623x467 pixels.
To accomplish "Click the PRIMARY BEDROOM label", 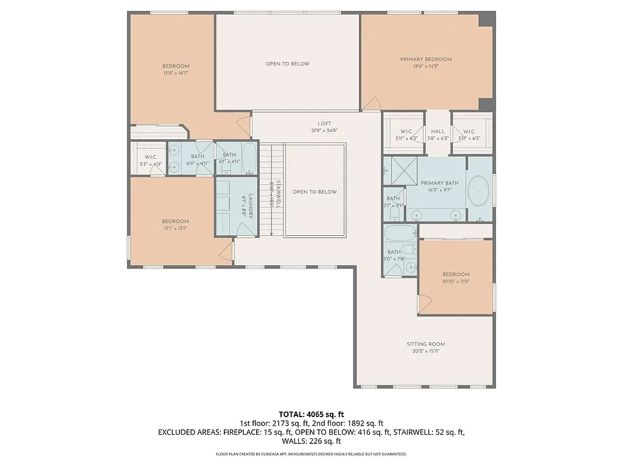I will (x=426, y=60).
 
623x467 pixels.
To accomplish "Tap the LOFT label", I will (x=324, y=123).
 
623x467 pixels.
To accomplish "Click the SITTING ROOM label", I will (x=426, y=344).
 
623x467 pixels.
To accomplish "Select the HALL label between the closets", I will (x=438, y=131).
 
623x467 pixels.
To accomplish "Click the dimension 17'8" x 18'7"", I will (x=175, y=74).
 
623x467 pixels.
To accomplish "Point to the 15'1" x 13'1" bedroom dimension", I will (x=175, y=229).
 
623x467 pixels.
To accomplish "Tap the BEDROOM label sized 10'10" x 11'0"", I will (x=456, y=274).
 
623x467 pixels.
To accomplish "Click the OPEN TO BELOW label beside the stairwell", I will (x=315, y=192).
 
